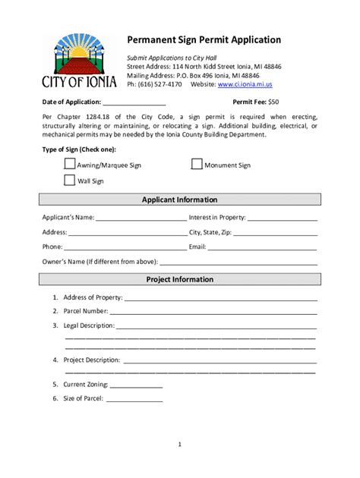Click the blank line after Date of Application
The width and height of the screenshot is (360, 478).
pos(134,102)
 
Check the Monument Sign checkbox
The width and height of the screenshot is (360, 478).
pos(197,164)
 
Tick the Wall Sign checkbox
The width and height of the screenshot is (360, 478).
pos(70,181)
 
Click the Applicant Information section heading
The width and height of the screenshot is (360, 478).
pos(180,200)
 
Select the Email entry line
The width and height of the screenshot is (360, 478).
pos(263,247)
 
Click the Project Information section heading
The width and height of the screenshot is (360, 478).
pos(180,279)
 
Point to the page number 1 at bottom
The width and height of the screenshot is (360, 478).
pos(180,444)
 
